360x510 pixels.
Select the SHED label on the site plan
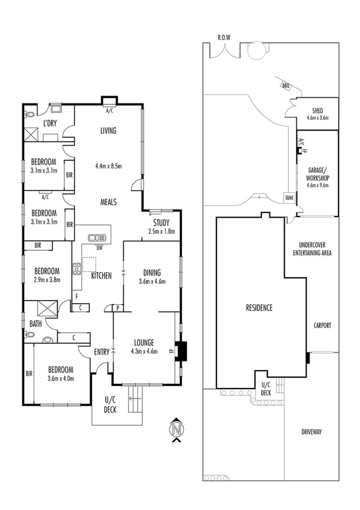[x=317, y=111]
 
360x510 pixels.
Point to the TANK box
[x=289, y=197]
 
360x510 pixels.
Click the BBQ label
[x=285, y=86]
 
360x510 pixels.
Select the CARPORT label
[x=322, y=325]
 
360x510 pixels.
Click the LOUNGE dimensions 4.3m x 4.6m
[x=143, y=351]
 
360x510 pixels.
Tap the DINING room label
[x=151, y=271]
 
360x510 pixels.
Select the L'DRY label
[x=50, y=123]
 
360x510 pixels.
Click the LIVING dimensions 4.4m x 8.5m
[x=109, y=166]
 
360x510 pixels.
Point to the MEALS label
[x=108, y=202]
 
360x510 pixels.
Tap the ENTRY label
[x=102, y=352]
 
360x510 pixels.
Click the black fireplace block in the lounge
[x=182, y=350]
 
